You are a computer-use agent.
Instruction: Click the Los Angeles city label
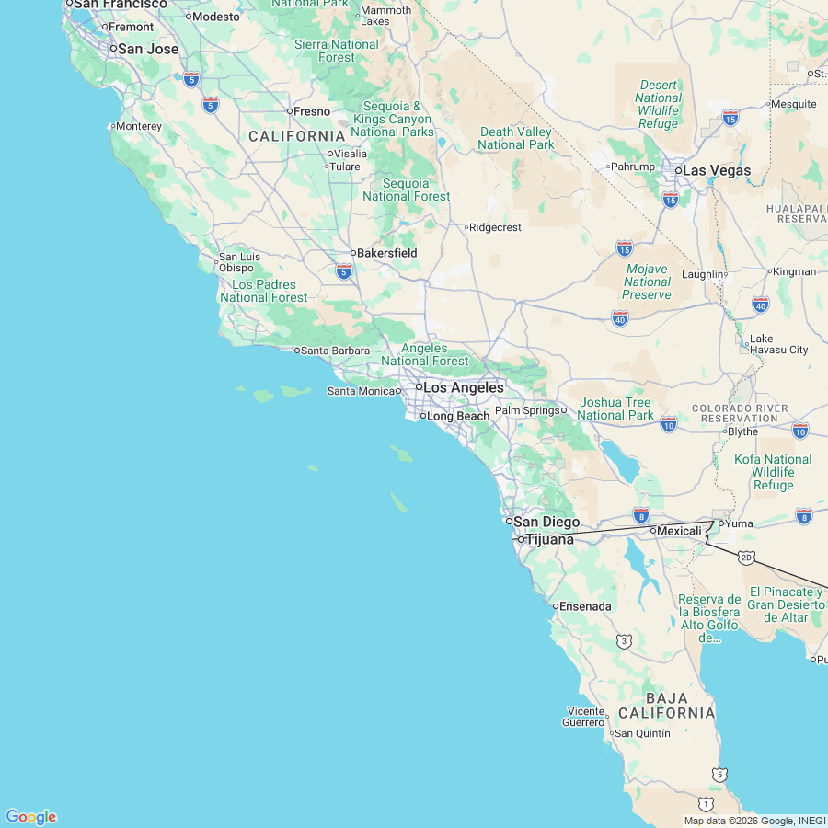(x=463, y=388)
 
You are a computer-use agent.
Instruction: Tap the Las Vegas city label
(x=716, y=171)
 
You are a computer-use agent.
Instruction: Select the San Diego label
(x=546, y=523)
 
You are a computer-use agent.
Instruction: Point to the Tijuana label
(x=549, y=539)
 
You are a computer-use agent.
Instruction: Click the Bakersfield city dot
(x=353, y=253)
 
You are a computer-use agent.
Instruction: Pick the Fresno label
(x=312, y=111)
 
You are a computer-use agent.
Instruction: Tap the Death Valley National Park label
(x=516, y=138)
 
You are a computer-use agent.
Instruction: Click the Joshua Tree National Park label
(x=615, y=408)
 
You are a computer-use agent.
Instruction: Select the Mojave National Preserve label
(x=647, y=282)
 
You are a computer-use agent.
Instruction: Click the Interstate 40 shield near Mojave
(x=619, y=317)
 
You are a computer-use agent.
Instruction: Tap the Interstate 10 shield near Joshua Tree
(x=669, y=423)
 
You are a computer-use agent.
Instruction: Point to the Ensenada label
(x=586, y=606)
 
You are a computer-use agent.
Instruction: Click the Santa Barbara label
(x=335, y=351)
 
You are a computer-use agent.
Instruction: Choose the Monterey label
(x=139, y=126)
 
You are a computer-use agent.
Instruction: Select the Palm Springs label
(x=526, y=410)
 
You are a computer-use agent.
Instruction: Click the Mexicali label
(x=679, y=531)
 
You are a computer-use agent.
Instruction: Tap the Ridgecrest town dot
(x=466, y=227)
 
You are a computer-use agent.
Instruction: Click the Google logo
(x=31, y=817)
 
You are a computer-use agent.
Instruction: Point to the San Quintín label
(x=642, y=733)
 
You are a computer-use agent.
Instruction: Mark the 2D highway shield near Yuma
(x=746, y=558)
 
